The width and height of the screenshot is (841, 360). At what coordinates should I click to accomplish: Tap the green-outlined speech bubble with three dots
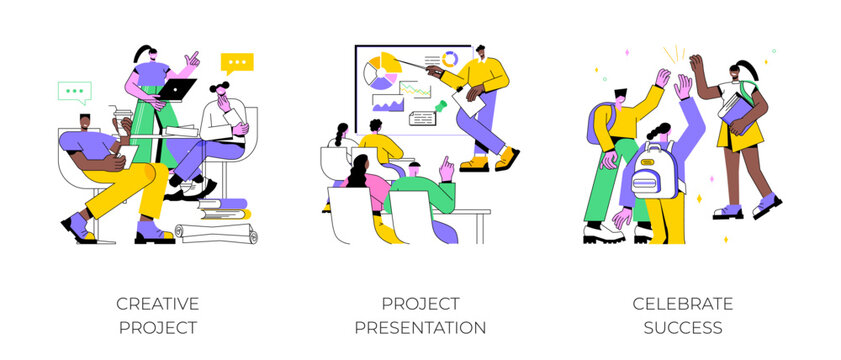74,91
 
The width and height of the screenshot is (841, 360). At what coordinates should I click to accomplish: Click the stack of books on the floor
222,209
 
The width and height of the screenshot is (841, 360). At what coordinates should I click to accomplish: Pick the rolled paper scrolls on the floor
216,233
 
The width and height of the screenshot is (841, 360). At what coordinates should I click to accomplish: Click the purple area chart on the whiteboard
384,104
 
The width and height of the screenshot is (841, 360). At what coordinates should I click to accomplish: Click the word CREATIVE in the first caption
157,303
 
